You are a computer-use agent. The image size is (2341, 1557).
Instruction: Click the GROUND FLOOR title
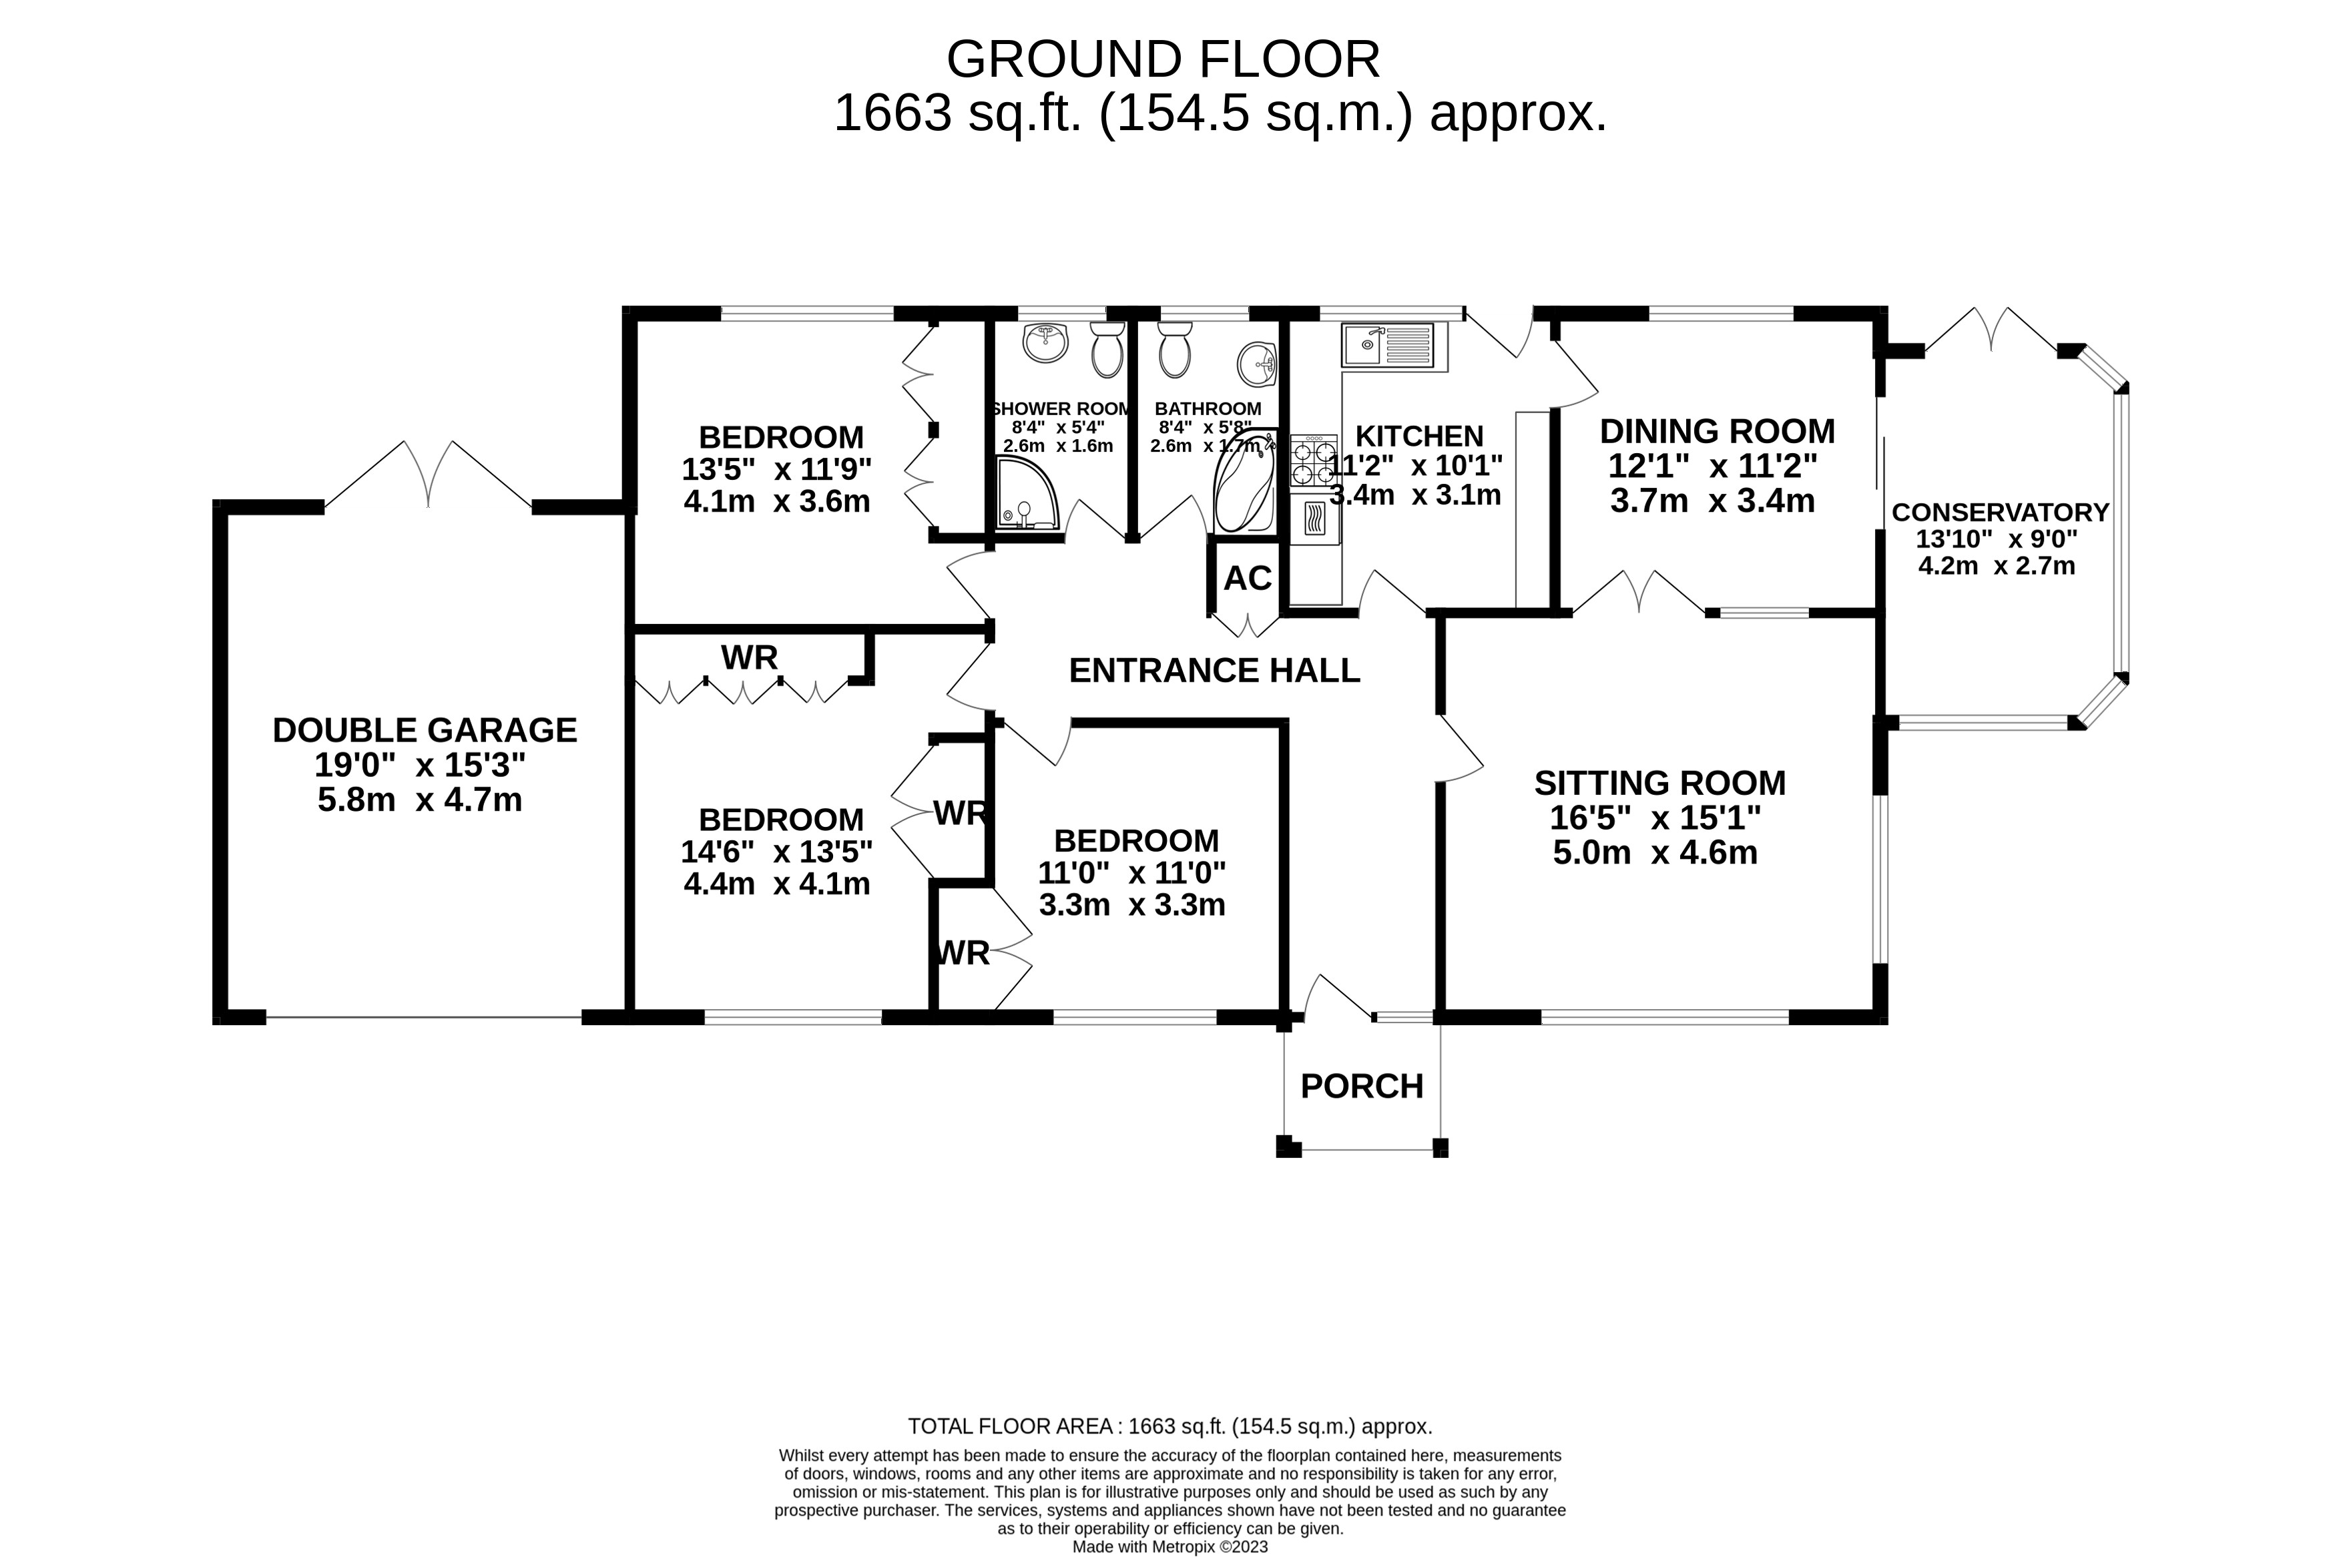point(1162,59)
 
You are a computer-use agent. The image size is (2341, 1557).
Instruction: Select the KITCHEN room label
point(1418,436)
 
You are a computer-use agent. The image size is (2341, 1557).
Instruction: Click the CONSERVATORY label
point(1999,513)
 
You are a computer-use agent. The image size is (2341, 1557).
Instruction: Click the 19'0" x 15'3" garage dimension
point(419,765)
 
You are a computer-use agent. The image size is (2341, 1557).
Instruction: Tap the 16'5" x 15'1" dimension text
point(1655,818)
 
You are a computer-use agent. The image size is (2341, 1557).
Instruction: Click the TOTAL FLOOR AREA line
point(1169,1427)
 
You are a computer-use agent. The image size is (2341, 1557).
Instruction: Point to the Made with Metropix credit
point(1169,1547)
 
